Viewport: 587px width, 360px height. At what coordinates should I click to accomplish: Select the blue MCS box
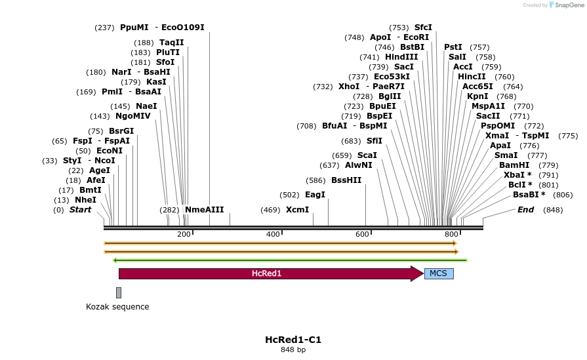439,273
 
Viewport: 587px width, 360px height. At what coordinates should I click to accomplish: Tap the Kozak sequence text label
117,306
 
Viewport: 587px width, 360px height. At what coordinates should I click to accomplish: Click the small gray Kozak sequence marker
119,292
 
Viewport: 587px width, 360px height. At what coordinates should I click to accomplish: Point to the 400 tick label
273,234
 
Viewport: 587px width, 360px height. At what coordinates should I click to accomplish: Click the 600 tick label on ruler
362,234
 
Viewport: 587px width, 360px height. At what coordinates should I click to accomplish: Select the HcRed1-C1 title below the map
293,340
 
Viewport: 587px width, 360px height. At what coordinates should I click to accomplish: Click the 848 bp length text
293,350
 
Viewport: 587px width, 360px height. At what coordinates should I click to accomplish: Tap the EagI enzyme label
315,195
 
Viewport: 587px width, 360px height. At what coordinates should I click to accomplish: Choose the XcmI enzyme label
297,210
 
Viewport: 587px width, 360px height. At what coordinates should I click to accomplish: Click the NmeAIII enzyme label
204,210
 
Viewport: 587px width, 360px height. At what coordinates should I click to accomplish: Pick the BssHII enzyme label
346,180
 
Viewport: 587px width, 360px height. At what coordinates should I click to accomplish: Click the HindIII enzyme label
401,57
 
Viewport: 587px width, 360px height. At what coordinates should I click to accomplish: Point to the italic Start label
80,210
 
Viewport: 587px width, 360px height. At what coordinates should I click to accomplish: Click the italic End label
525,210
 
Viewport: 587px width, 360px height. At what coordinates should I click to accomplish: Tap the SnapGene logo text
565,5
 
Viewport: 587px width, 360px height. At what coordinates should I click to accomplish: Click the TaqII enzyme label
172,43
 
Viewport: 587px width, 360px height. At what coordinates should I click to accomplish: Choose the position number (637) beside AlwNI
329,165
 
